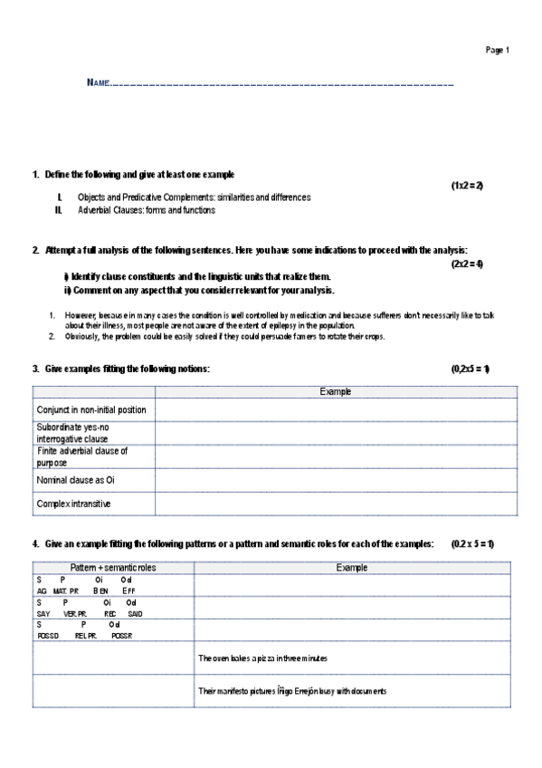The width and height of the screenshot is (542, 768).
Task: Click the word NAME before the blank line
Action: tap(98, 83)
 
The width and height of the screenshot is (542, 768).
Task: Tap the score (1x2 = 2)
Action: tap(467, 185)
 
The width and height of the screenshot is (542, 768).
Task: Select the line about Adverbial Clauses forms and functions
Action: tap(147, 210)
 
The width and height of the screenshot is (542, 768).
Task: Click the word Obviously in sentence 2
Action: tap(82, 336)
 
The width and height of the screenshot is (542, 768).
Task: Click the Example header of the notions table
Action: tap(337, 391)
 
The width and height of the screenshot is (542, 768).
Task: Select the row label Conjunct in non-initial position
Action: tap(91, 410)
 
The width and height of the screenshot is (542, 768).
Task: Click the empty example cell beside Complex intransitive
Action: tap(337, 504)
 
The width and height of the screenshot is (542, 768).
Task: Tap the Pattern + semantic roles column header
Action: tap(113, 567)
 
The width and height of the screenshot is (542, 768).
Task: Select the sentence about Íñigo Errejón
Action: tap(292, 691)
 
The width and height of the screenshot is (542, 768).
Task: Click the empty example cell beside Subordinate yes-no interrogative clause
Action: tap(337, 433)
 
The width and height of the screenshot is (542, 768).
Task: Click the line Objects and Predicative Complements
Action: tap(194, 197)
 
